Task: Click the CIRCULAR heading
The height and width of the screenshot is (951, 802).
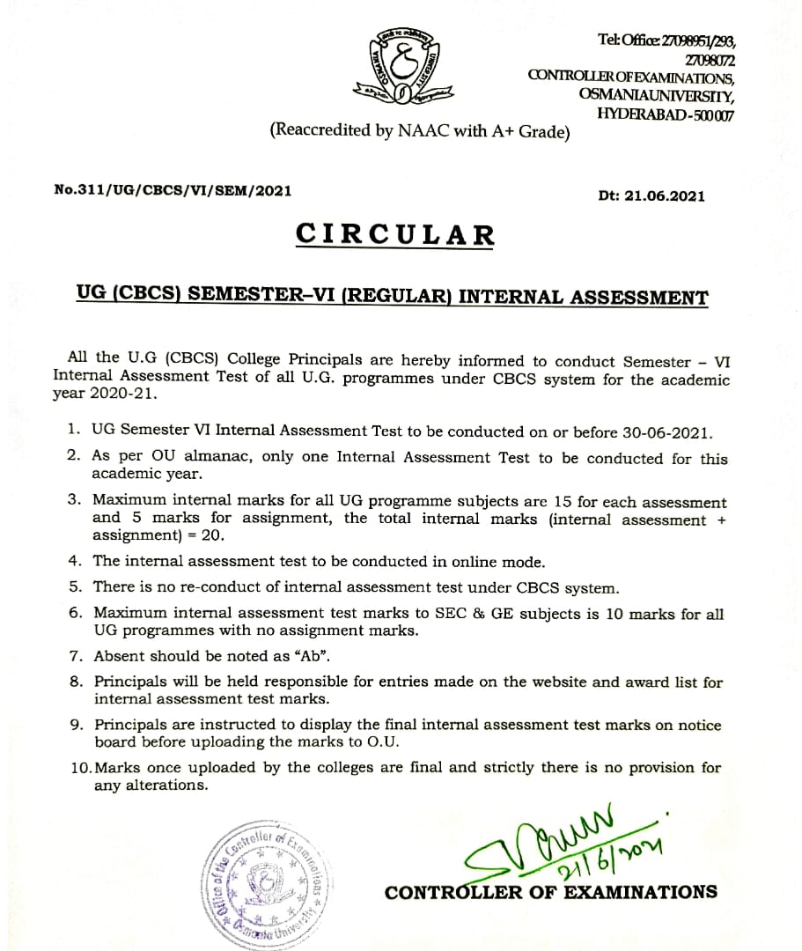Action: (x=395, y=234)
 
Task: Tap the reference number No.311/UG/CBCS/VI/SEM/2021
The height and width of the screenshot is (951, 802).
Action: (x=173, y=189)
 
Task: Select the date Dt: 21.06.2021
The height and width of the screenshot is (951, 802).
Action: (x=651, y=195)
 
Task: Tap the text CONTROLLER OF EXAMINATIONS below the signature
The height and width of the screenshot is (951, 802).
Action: (x=550, y=892)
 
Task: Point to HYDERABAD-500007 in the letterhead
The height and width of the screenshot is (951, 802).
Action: (x=666, y=114)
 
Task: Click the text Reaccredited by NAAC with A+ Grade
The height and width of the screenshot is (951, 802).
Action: (x=420, y=131)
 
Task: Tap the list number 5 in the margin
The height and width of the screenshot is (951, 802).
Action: (x=76, y=588)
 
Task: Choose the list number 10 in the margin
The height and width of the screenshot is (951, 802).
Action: (x=79, y=768)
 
